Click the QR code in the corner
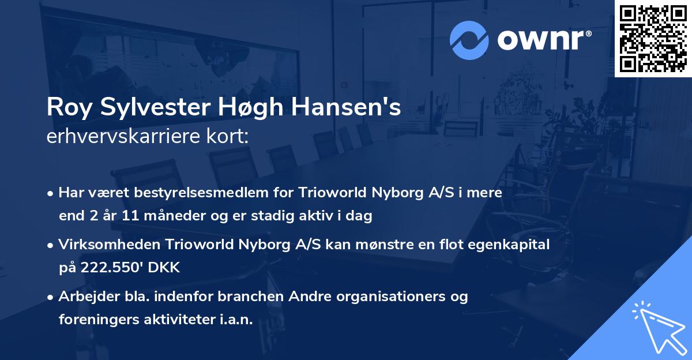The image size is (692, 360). [653, 38]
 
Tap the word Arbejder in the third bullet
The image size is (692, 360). [84, 297]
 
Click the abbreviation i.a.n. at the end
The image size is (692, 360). [236, 320]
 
